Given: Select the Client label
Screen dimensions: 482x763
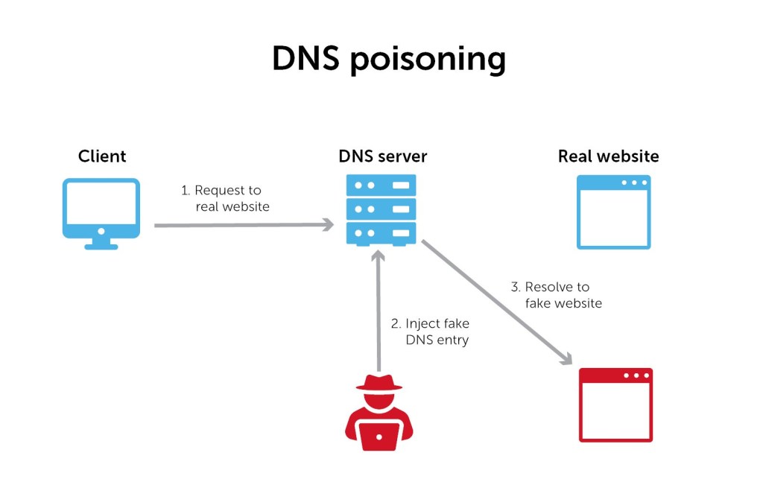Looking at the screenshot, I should (102, 156).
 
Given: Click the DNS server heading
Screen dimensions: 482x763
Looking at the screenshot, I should (382, 156).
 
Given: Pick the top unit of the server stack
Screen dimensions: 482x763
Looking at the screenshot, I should (381, 185).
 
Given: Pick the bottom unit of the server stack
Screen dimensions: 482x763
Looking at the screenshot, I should (381, 233).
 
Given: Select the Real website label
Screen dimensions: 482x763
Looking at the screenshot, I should (608, 156).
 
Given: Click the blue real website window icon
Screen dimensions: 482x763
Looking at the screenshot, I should (614, 212).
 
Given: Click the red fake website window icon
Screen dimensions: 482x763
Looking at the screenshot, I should (615, 405).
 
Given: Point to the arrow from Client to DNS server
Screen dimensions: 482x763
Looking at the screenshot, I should (242, 224).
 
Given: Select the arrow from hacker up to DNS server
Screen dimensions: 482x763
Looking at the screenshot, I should (379, 313).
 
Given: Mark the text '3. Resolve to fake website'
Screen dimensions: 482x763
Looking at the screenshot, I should (556, 295).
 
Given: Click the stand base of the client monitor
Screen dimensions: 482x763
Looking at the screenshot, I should (101, 246).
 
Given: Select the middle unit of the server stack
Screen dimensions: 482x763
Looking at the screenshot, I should (381, 209).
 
